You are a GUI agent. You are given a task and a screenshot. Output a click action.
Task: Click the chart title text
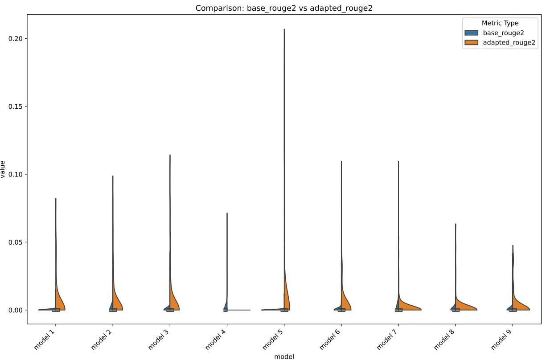284,8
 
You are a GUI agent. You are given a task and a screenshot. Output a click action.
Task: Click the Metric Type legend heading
500,23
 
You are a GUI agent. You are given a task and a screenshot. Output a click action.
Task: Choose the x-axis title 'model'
284,356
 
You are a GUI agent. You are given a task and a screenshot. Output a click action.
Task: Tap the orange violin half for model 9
520,305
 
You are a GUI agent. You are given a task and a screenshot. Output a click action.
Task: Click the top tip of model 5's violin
284,29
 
